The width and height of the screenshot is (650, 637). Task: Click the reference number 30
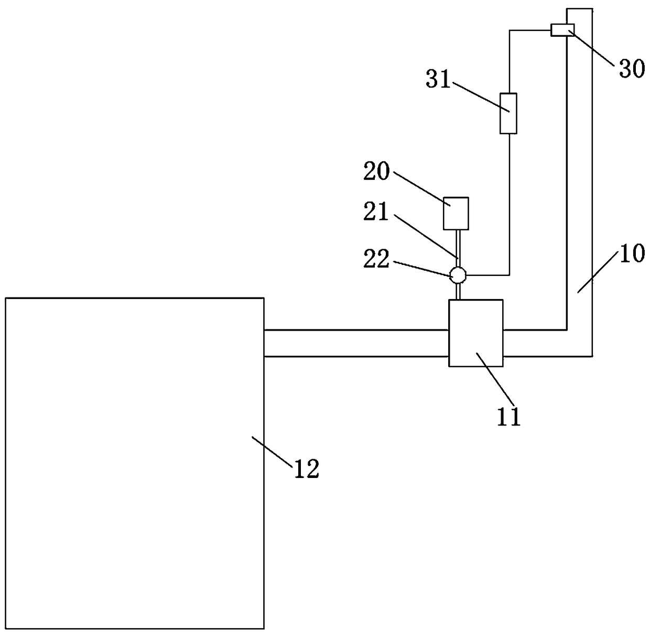pos(632,68)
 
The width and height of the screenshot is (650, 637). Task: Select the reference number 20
pos(377,171)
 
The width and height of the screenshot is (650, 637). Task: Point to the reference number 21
pos(377,213)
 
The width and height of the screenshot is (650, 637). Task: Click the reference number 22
pos(377,259)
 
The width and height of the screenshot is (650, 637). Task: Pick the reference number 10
pos(633,254)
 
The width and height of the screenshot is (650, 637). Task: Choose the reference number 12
pos(307,469)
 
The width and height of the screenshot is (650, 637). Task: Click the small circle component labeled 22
pos(458,274)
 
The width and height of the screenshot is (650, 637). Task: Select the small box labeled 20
pos(456,213)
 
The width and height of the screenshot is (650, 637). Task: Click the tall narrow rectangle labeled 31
pos(508,113)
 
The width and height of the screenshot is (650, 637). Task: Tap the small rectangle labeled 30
pos(562,30)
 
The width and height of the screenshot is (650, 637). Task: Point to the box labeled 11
pos(476,333)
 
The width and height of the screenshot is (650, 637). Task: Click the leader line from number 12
pos(273,451)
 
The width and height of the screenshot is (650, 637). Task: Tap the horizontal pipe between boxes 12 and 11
pos(356,343)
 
